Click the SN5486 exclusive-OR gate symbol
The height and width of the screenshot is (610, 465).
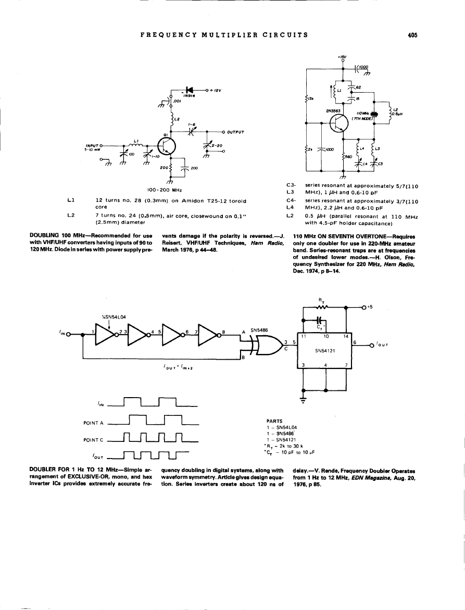click(x=262, y=345)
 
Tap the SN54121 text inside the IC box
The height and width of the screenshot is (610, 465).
click(x=324, y=350)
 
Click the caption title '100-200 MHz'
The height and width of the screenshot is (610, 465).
click(x=164, y=189)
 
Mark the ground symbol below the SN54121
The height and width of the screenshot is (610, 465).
click(x=303, y=399)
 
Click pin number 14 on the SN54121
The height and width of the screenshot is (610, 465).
click(x=344, y=337)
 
